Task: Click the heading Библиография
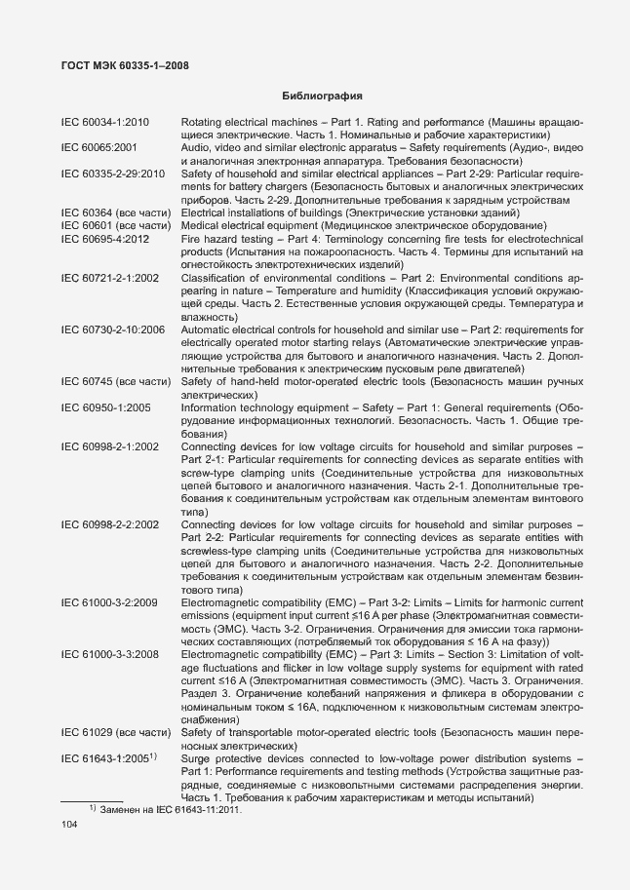click(x=323, y=97)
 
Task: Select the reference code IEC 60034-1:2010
click(x=104, y=122)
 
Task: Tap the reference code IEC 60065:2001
click(x=98, y=147)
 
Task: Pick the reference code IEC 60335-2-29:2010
click(x=112, y=174)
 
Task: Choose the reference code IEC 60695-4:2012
click(x=104, y=238)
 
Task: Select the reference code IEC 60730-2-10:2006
click(x=112, y=331)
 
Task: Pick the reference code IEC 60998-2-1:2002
click(x=109, y=446)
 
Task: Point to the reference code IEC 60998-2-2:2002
click(x=109, y=524)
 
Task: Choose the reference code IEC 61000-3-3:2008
click(x=109, y=654)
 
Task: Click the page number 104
click(x=69, y=825)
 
